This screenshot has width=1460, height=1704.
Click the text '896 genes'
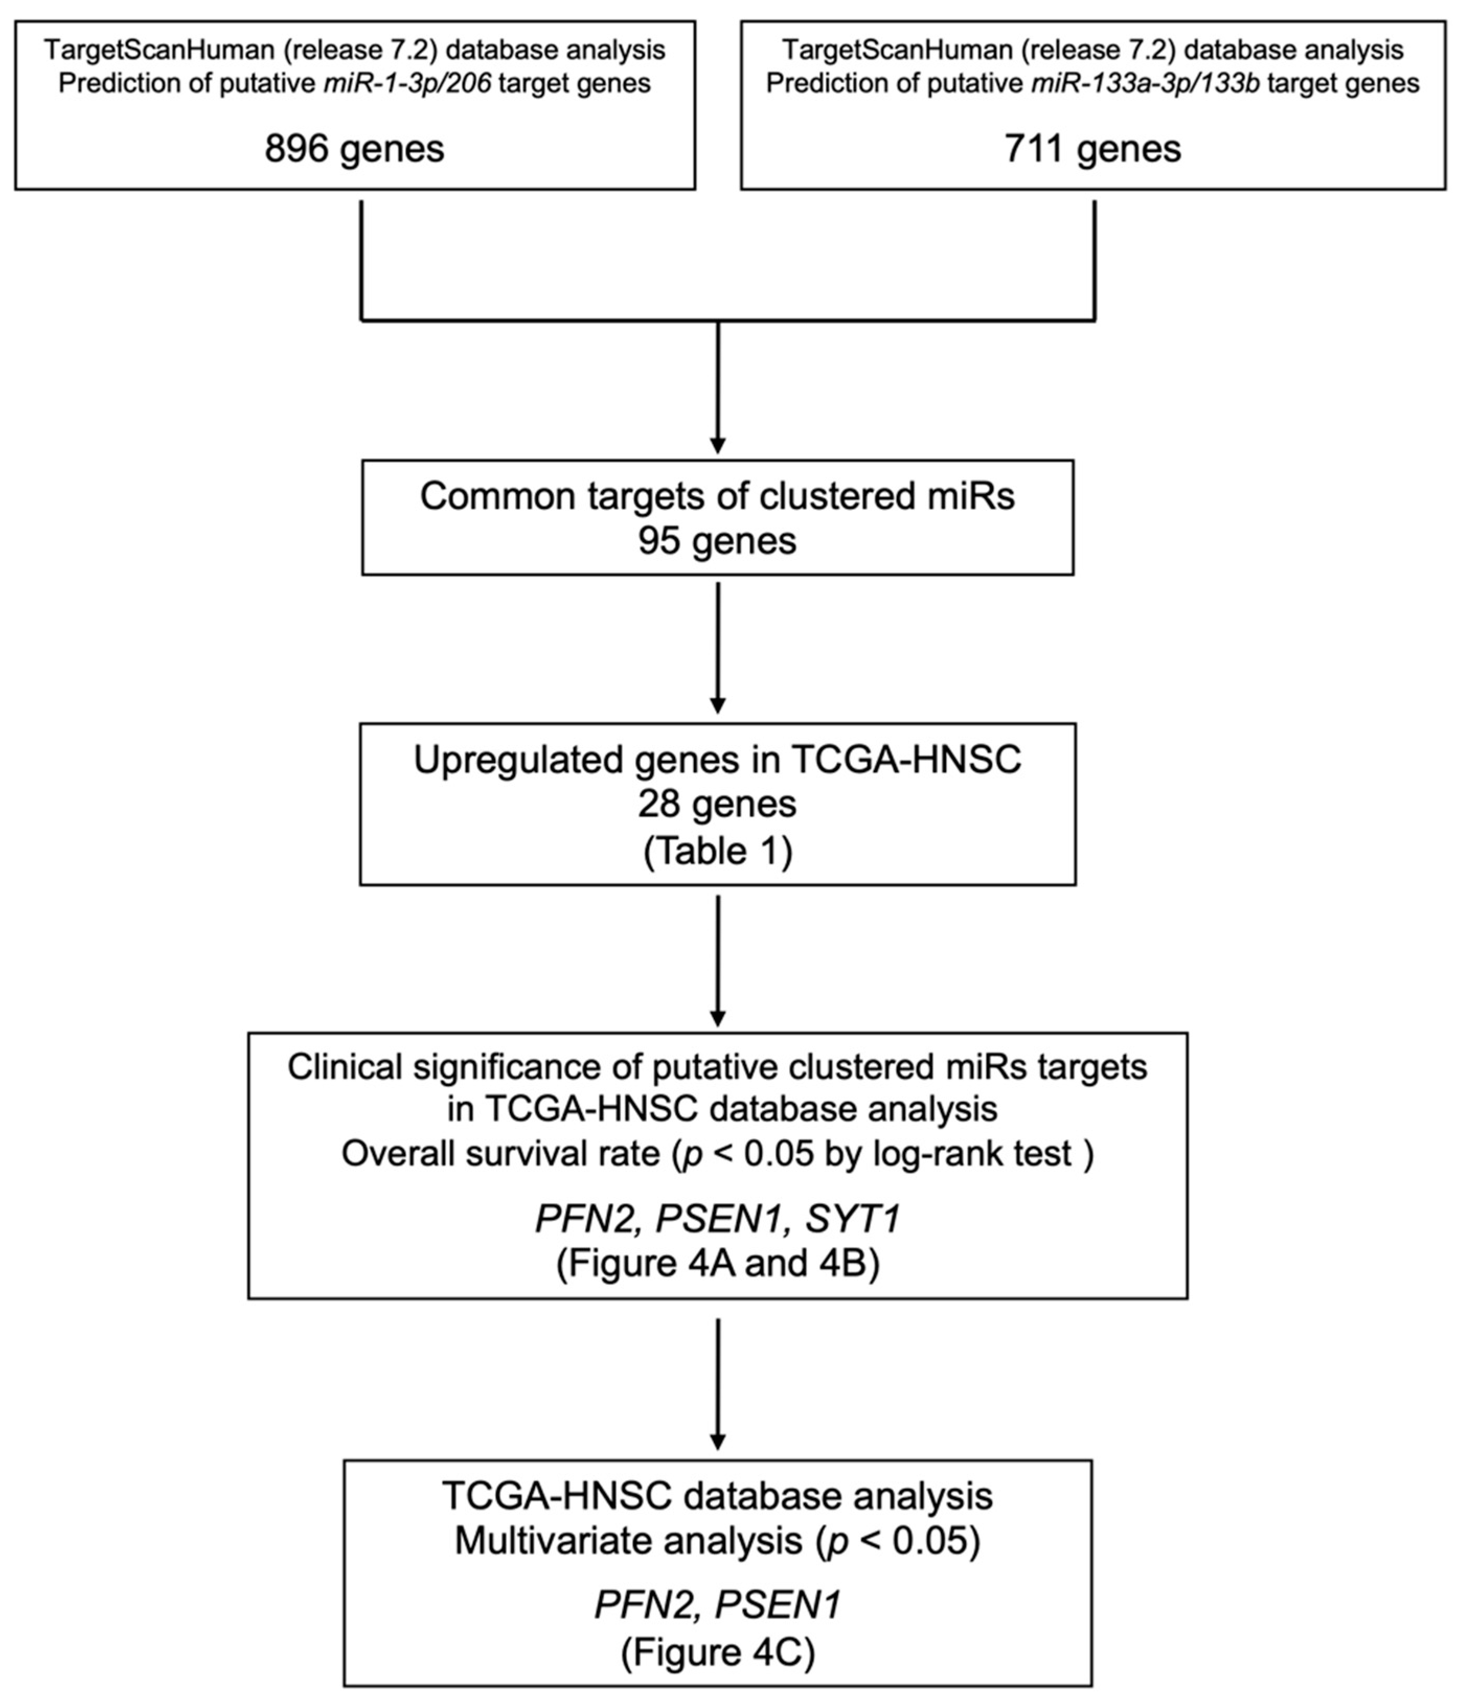[x=355, y=150]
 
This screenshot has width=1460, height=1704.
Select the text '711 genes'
[x=1092, y=150]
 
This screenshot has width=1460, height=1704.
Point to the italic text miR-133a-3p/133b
[x=1145, y=84]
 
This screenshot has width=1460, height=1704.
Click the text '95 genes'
[x=717, y=541]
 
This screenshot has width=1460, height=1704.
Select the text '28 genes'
[x=717, y=804]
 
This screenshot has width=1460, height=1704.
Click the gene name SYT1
[x=853, y=1218]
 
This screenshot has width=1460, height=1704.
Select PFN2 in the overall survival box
[x=586, y=1218]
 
